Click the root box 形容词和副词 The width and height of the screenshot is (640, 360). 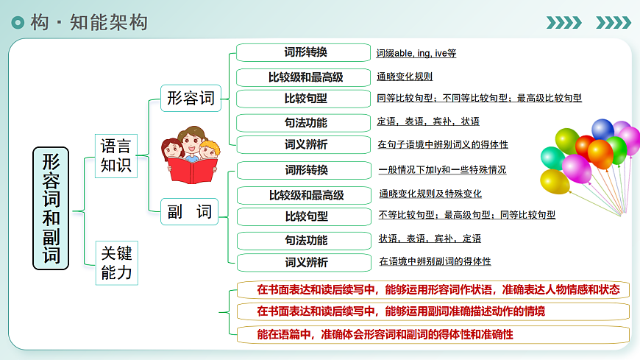(x=51, y=208)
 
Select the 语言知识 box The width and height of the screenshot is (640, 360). (x=115, y=155)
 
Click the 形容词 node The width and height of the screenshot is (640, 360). (x=191, y=98)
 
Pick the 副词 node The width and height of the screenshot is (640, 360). (x=191, y=212)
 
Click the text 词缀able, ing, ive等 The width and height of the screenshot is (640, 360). (x=416, y=54)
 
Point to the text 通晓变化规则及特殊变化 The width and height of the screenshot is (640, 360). (x=430, y=194)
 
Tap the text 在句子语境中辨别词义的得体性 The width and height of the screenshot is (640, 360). (x=443, y=144)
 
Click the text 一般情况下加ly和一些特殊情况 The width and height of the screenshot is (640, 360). (x=442, y=170)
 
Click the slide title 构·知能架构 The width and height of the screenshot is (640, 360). (x=89, y=22)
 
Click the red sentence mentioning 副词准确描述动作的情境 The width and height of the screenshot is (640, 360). (x=401, y=311)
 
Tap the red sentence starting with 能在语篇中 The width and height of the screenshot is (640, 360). (x=385, y=334)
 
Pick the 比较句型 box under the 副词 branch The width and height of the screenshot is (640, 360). (x=306, y=216)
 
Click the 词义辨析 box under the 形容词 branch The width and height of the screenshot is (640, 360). (x=306, y=144)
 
